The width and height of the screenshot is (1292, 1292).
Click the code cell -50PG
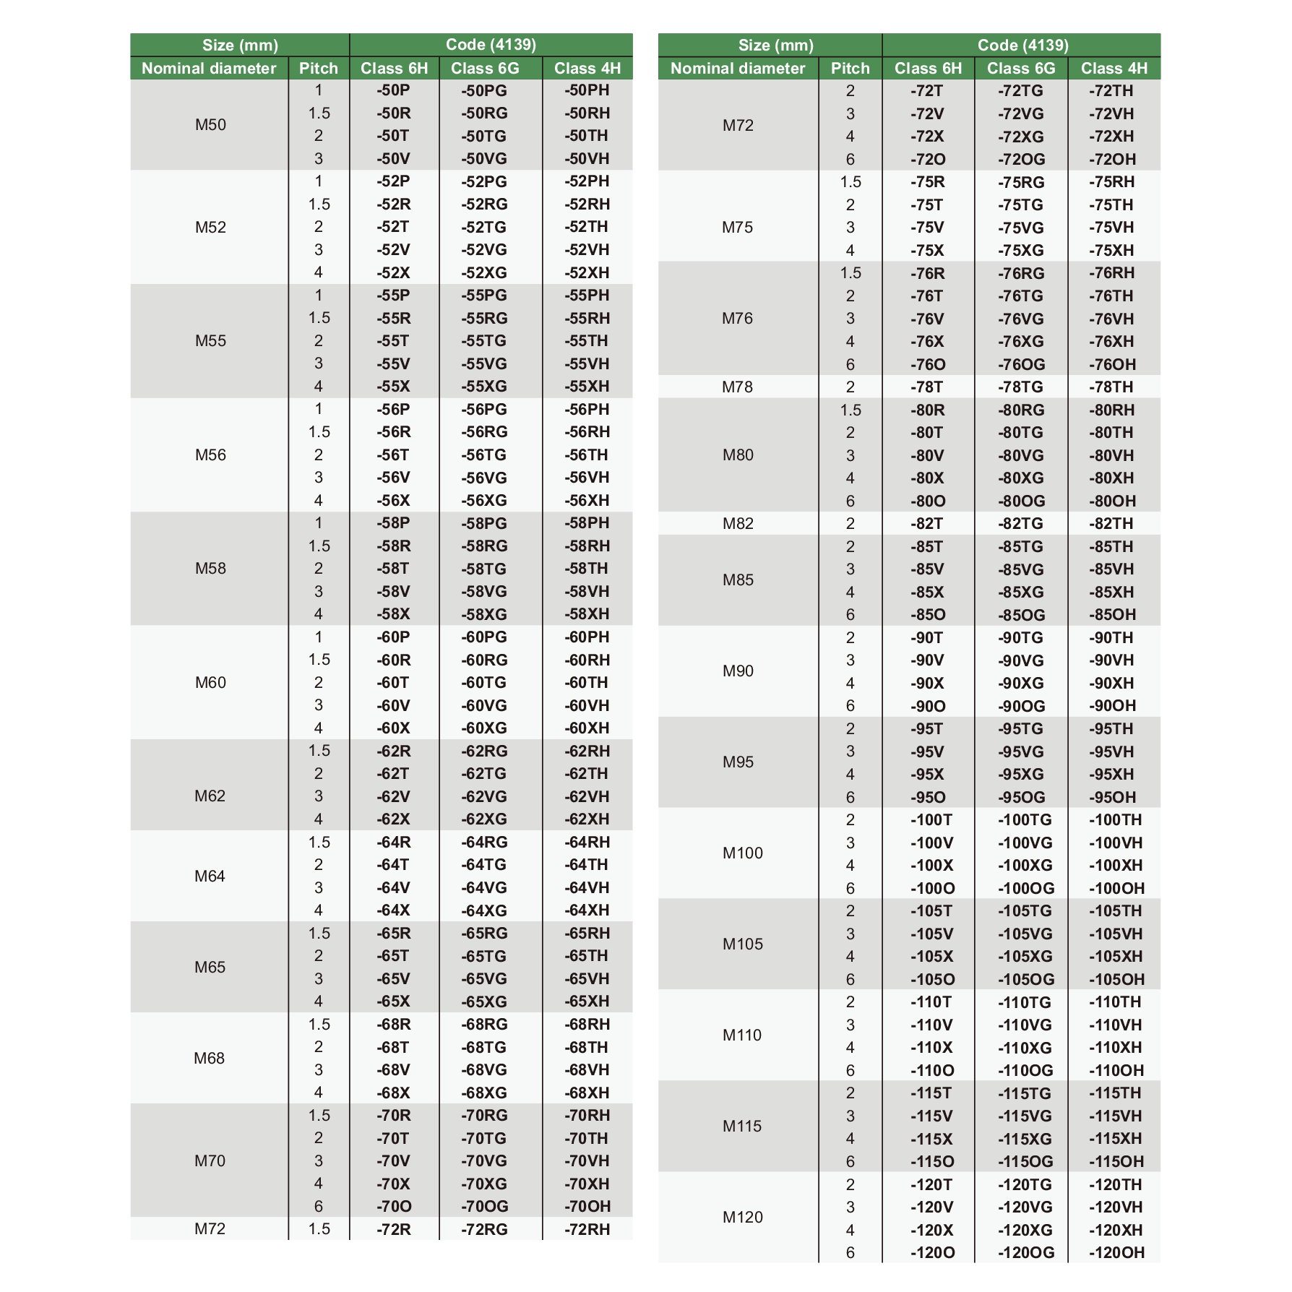[484, 90]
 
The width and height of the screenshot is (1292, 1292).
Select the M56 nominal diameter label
[210, 455]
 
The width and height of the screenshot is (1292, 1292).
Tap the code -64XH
[587, 910]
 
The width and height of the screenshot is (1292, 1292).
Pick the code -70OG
[484, 1206]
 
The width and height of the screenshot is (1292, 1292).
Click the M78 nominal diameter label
[737, 387]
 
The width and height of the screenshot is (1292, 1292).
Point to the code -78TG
[1020, 387]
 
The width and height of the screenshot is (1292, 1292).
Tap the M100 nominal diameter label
[742, 853]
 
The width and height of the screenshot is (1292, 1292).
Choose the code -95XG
[1020, 774]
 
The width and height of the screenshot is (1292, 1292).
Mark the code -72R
[393, 1229]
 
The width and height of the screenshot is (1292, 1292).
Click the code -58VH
[587, 591]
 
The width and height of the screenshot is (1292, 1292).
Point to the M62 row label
[210, 796]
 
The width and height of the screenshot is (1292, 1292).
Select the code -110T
[931, 1002]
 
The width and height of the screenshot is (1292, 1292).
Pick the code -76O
[927, 364]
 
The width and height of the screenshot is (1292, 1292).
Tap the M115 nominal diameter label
[742, 1126]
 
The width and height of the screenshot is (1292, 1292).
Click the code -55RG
[484, 318]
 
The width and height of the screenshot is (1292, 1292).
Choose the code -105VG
[1025, 934]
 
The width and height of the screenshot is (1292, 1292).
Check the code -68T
[393, 1047]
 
